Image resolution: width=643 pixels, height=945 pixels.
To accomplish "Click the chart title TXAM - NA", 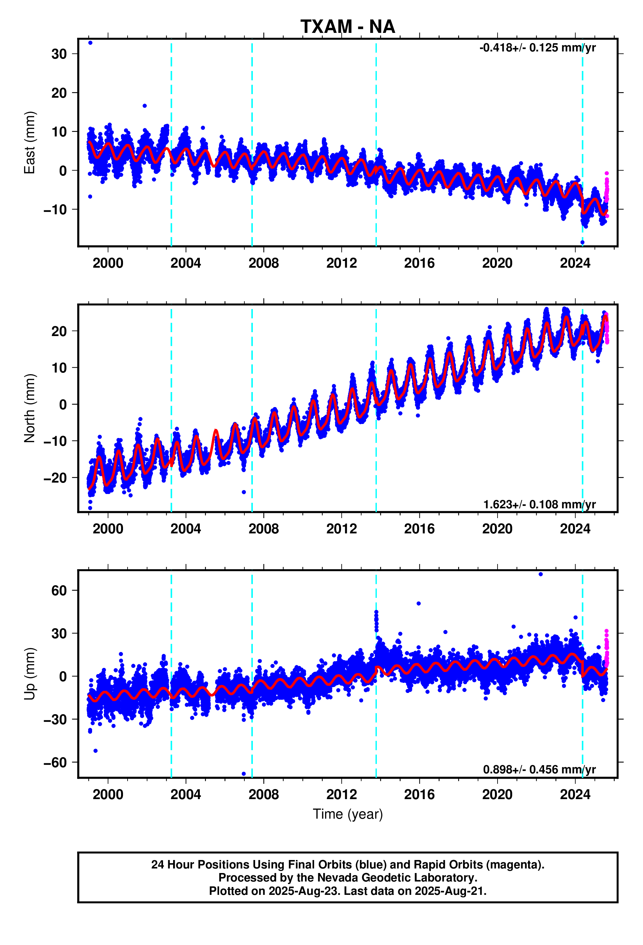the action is click(x=348, y=27).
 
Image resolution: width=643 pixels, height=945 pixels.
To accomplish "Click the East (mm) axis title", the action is click(x=29, y=142).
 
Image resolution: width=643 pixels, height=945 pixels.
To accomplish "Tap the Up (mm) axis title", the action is click(x=29, y=674).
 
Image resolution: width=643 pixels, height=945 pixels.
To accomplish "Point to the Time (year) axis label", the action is click(x=348, y=814).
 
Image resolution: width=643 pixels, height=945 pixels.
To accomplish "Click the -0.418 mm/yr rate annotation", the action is click(x=537, y=48).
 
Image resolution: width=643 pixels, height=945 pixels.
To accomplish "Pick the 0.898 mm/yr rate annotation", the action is click(x=539, y=769).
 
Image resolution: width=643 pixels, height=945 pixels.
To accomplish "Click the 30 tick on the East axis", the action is click(x=59, y=54).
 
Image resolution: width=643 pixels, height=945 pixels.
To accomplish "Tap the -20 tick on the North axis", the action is click(x=55, y=477).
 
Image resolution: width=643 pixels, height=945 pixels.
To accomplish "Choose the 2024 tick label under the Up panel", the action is click(x=575, y=794).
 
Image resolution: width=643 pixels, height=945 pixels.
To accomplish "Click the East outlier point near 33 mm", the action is click(x=90, y=43).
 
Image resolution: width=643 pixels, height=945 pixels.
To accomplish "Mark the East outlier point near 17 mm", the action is click(x=145, y=106).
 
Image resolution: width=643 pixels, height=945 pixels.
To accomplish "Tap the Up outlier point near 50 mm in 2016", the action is click(x=419, y=603).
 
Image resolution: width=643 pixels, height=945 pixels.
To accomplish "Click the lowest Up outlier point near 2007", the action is click(x=243, y=774).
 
